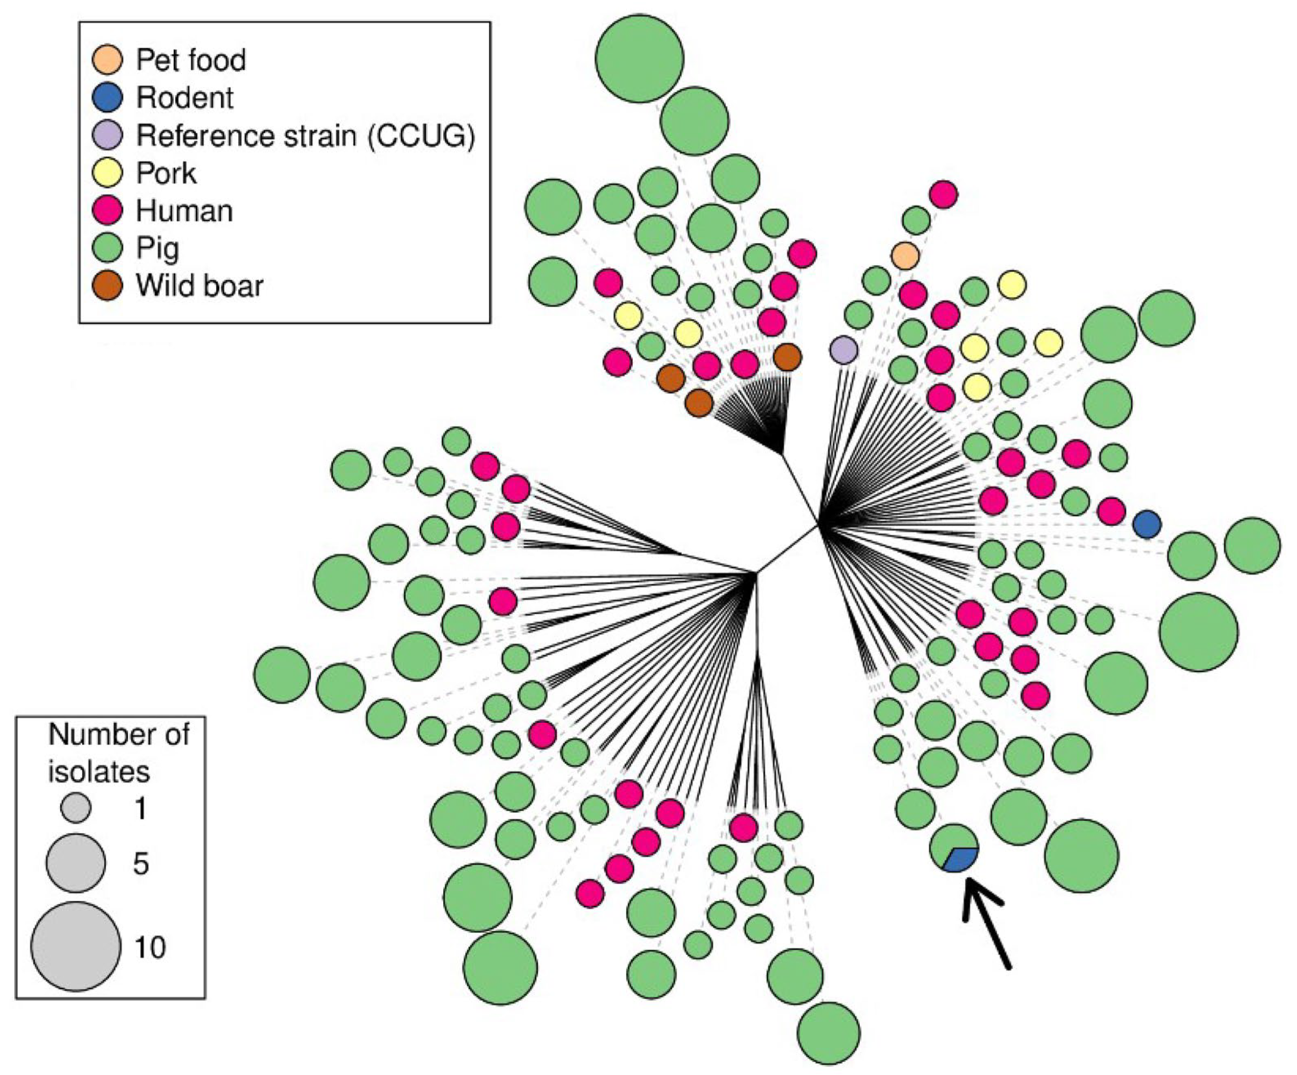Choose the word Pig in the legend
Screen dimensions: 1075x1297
158,248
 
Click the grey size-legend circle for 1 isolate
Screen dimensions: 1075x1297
76,808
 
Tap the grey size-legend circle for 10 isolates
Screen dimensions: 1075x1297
76,947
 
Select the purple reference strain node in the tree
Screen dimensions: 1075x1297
844,350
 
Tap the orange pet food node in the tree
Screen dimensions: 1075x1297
905,255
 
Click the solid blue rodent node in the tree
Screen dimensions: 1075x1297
1147,524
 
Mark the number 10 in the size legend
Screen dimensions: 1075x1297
150,947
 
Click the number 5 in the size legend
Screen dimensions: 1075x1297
141,864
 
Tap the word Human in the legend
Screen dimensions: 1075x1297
185,211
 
